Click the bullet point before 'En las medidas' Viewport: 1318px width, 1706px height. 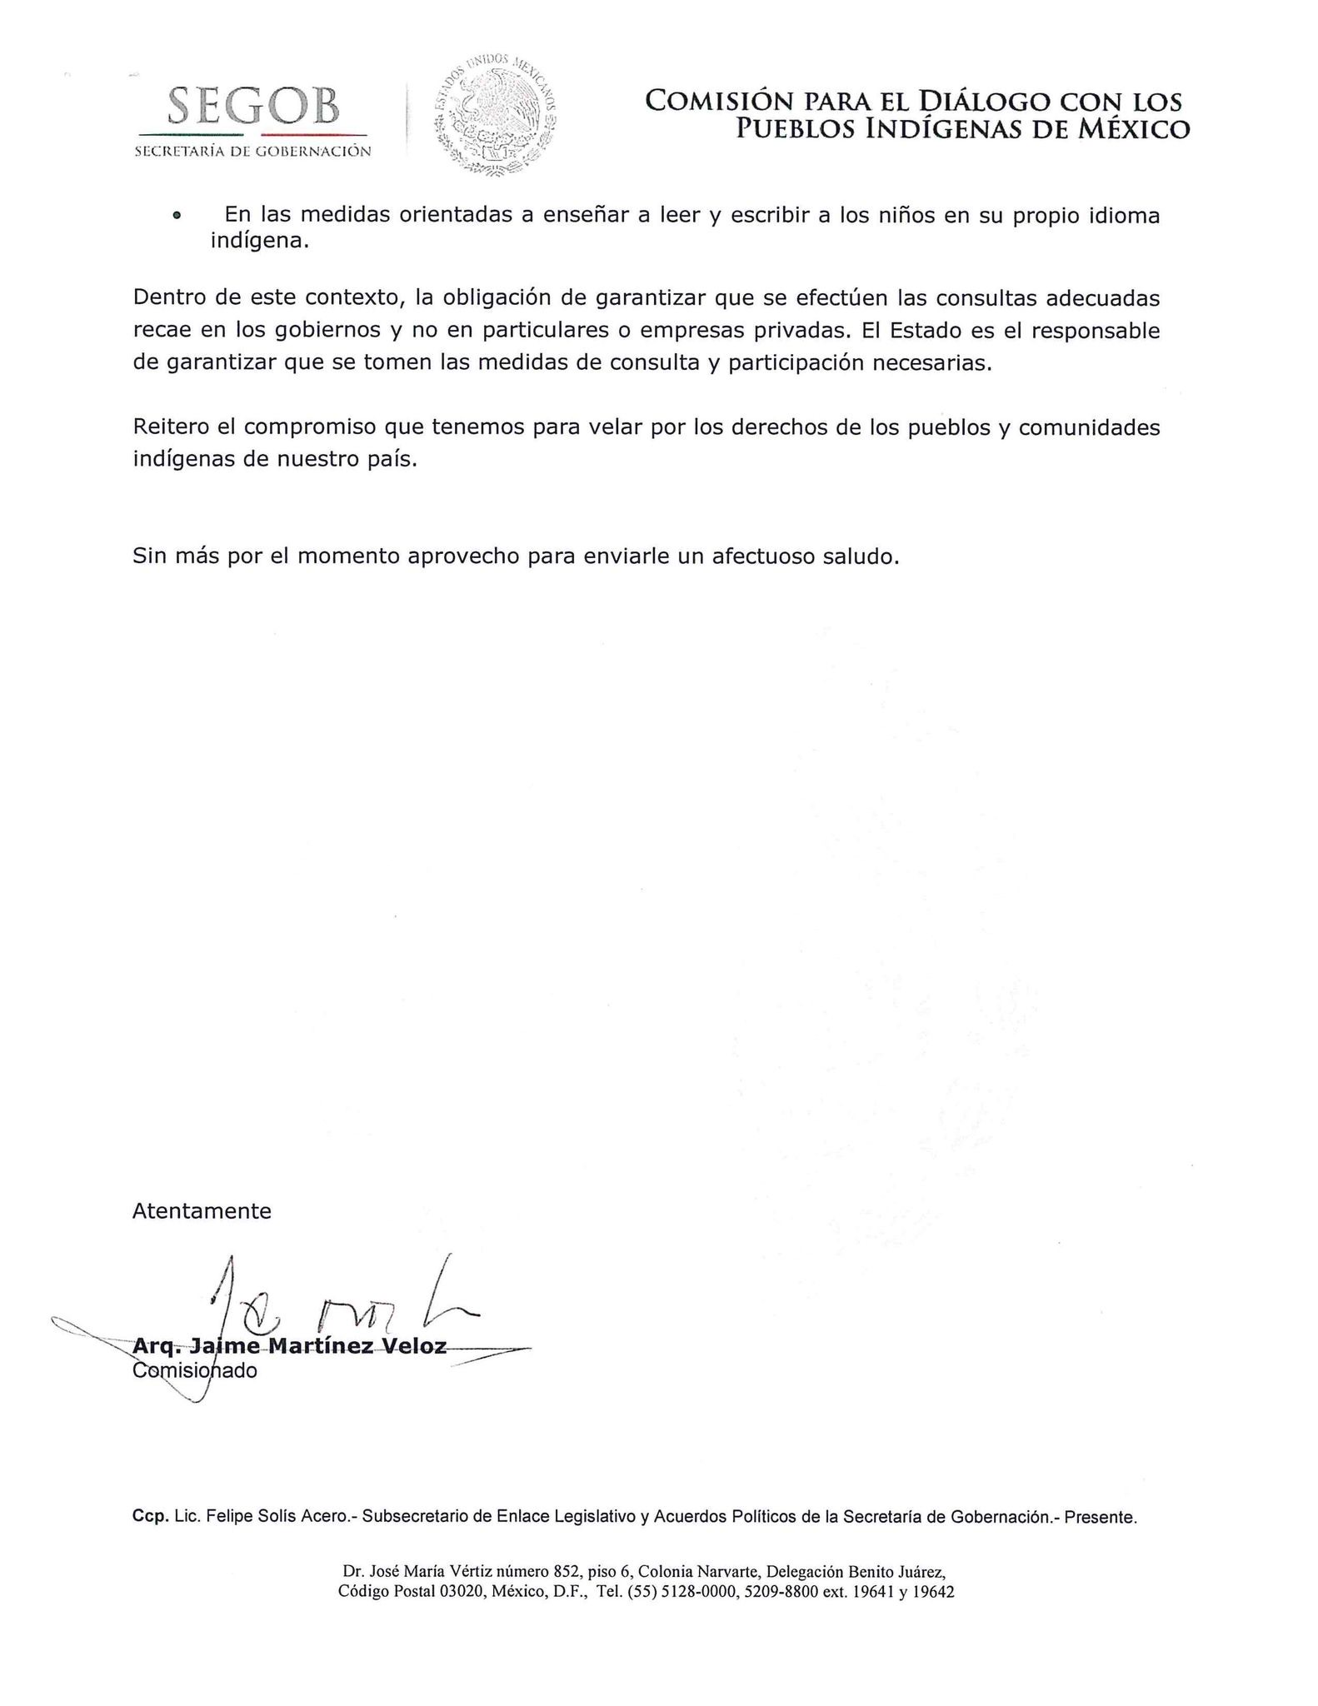(176, 216)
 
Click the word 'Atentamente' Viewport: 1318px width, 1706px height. (202, 1210)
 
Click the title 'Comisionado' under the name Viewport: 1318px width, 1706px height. (195, 1370)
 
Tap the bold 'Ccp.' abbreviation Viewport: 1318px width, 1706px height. (150, 1517)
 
